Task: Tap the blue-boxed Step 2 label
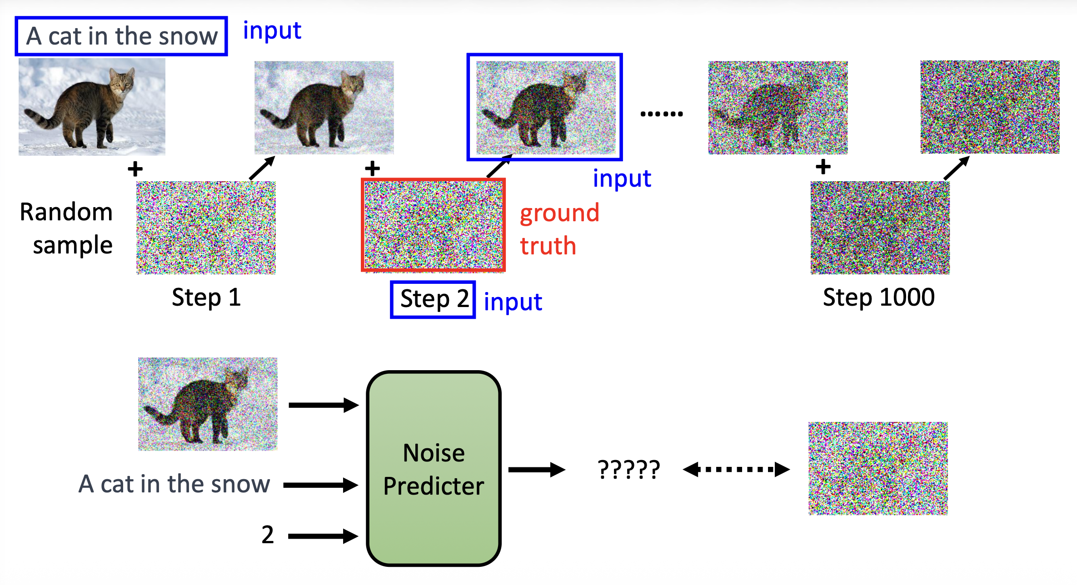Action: pyautogui.click(x=433, y=300)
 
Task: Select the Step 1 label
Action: pyautogui.click(x=206, y=298)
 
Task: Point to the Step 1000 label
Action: pyautogui.click(x=878, y=298)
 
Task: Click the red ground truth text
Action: pyautogui.click(x=559, y=229)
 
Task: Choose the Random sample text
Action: pyautogui.click(x=67, y=228)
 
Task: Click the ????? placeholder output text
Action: pyautogui.click(x=629, y=470)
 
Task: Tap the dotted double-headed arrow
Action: pyautogui.click(x=736, y=469)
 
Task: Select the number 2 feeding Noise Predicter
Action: pyautogui.click(x=268, y=535)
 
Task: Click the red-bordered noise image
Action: pyautogui.click(x=433, y=225)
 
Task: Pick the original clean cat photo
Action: pyautogui.click(x=92, y=107)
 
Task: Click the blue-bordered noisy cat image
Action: pyautogui.click(x=545, y=107)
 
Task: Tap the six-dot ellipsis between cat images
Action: pyautogui.click(x=662, y=114)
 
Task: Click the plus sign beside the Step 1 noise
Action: pyautogui.click(x=135, y=169)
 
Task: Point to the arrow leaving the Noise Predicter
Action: pyautogui.click(x=536, y=470)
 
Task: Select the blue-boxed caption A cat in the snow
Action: pyautogui.click(x=121, y=36)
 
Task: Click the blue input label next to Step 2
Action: pyautogui.click(x=513, y=302)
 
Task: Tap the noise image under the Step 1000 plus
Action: pyautogui.click(x=880, y=228)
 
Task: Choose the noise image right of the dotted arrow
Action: pyautogui.click(x=878, y=468)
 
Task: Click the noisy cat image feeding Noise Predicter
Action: pyautogui.click(x=208, y=404)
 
